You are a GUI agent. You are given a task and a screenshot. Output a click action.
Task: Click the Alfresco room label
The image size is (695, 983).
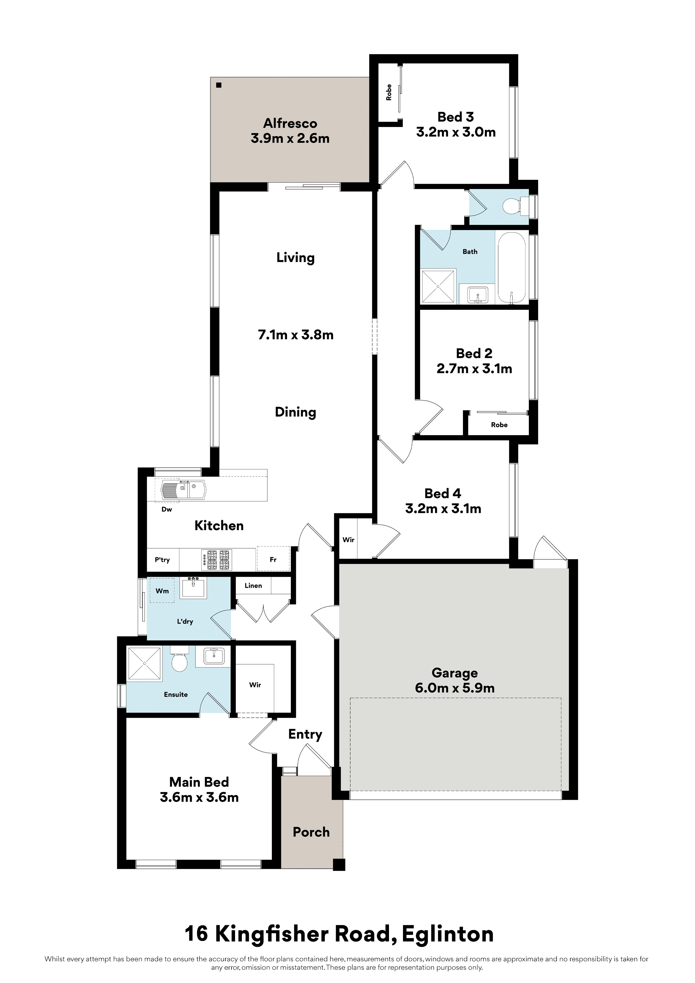point(290,123)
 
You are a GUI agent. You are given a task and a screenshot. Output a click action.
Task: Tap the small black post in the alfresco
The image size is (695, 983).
point(219,85)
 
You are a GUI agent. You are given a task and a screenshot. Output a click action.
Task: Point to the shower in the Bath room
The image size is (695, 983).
point(439,286)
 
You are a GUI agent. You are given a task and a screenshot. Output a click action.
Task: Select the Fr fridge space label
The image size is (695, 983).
point(273,560)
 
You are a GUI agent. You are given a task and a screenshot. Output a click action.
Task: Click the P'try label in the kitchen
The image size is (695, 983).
point(162,560)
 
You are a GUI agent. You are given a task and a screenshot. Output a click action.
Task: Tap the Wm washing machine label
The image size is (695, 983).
point(162,591)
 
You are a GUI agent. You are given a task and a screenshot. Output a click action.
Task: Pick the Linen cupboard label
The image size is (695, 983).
point(254,586)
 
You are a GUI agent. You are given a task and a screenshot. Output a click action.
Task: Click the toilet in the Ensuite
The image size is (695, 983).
point(179,659)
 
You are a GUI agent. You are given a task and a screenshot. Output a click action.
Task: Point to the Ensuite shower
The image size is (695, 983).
point(145,663)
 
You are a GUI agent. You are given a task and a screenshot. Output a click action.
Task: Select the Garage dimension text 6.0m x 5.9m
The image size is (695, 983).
point(455,688)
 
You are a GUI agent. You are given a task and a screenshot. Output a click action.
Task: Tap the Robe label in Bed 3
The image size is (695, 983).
point(389,92)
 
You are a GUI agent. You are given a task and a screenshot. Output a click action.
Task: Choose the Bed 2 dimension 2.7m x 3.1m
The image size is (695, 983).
point(474,369)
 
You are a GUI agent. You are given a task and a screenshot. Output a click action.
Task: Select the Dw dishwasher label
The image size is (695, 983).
point(166,509)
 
